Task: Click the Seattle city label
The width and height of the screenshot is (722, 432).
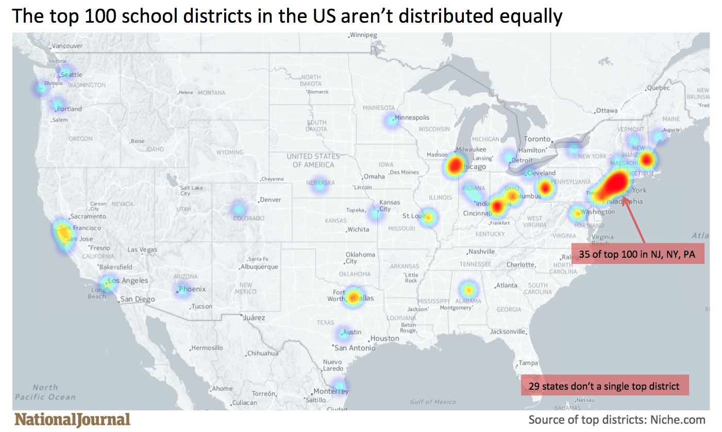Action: click(x=71, y=75)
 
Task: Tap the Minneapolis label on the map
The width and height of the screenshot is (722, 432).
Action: click(x=412, y=118)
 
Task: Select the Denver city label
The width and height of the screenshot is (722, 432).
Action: click(x=270, y=200)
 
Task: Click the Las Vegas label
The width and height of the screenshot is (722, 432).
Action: click(x=142, y=250)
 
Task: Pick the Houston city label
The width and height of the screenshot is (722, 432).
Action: click(x=384, y=338)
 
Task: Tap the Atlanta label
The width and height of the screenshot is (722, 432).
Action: click(x=507, y=285)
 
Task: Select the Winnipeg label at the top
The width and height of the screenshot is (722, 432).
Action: click(x=363, y=36)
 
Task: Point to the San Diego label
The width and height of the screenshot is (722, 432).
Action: click(x=138, y=299)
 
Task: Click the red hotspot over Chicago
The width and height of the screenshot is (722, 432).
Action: click(x=455, y=165)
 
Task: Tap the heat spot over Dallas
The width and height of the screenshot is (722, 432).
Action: click(x=354, y=296)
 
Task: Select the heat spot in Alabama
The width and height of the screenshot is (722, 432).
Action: click(x=467, y=289)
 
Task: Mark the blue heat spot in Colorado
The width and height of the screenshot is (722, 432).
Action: click(x=238, y=209)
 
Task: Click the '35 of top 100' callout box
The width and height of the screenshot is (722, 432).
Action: click(x=637, y=254)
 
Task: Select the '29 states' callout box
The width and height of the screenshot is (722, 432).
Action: click(x=603, y=386)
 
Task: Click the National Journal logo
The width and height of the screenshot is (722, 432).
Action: click(x=72, y=419)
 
